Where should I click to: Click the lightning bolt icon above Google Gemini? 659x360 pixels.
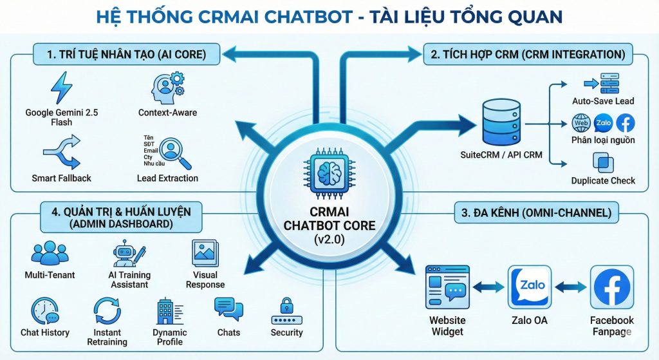pos(62,88)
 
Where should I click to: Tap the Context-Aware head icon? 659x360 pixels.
pos(167,88)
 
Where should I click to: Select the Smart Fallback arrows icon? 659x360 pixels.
pos(61,152)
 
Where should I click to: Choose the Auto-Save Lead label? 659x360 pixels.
pos(603,101)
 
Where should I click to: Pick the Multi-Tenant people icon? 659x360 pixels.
pos(50,254)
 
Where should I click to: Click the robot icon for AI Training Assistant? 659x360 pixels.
pos(127,254)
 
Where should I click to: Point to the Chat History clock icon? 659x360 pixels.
pos(45,310)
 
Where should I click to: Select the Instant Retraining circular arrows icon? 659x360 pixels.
pos(107,310)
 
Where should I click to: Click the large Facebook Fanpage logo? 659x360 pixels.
pos(612,287)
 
